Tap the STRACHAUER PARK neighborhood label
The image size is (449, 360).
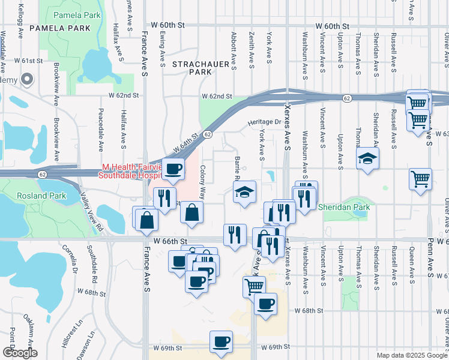pyautogui.click(x=192, y=67)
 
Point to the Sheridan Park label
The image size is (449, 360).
pyautogui.click(x=346, y=207)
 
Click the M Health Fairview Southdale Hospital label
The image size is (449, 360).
pyautogui.click(x=132, y=171)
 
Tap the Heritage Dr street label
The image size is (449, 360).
pyautogui.click(x=264, y=122)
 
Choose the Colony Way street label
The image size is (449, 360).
pyautogui.click(x=203, y=182)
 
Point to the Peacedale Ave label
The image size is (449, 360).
pyautogui.click(x=101, y=131)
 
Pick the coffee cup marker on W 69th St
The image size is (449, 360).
pyautogui.click(x=221, y=342)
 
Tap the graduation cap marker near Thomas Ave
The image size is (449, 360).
pyautogui.click(x=367, y=159)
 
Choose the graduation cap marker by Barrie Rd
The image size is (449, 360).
pyautogui.click(x=244, y=193)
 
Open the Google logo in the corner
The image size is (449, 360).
pyautogui.click(x=20, y=353)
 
